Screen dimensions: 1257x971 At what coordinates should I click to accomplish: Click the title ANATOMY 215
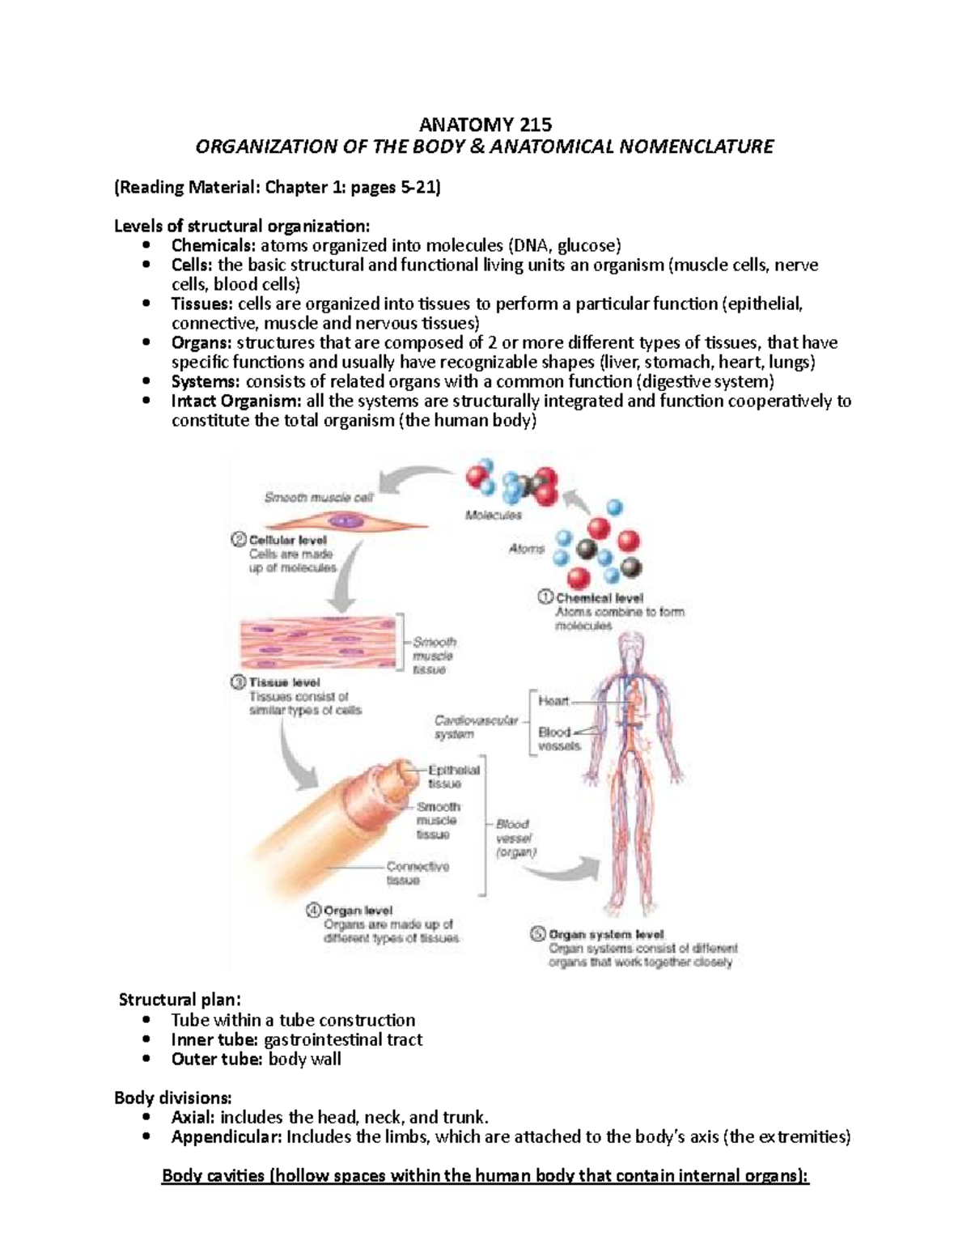pyautogui.click(x=485, y=125)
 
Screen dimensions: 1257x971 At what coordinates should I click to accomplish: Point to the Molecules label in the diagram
pyautogui.click(x=493, y=515)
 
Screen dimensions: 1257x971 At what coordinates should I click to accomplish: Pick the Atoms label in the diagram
pyautogui.click(x=526, y=549)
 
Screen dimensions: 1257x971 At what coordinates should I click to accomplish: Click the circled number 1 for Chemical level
pyautogui.click(x=545, y=597)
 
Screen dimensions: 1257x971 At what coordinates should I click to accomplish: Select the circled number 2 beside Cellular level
pyautogui.click(x=239, y=540)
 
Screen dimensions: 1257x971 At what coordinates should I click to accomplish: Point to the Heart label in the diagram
pyautogui.click(x=553, y=701)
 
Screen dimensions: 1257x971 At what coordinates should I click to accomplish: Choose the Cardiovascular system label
pyautogui.click(x=475, y=727)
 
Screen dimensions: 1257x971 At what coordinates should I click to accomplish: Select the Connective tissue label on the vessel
pyautogui.click(x=416, y=873)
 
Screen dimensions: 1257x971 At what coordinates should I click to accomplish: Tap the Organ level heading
pyautogui.click(x=358, y=911)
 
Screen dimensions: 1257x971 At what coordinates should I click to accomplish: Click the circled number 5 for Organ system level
pyautogui.click(x=538, y=933)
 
